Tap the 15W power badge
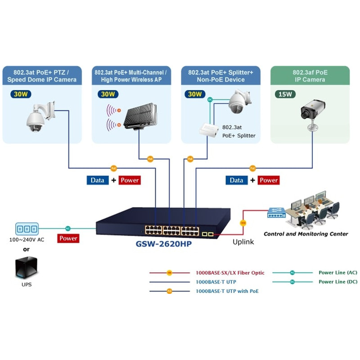coord(285,94)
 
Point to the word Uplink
coord(243,242)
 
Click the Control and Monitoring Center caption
coord(306,234)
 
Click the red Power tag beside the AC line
coord(68,238)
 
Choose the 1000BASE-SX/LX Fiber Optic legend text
coord(230,273)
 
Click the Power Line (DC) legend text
coord(337,282)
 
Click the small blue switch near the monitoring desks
coord(276,212)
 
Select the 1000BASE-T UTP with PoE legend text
coord(227,291)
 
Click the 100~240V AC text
coord(27,239)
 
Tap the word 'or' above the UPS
coord(27,249)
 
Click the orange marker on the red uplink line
coord(243,222)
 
